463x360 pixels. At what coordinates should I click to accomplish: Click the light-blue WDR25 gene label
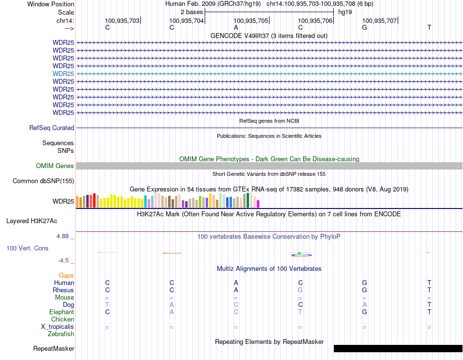pos(63,74)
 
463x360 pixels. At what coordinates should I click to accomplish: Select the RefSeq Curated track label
pos(52,128)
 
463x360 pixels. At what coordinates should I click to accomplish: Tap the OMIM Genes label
pos(55,166)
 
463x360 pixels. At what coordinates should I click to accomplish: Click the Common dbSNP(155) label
pos(43,181)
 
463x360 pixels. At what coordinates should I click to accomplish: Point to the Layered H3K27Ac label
pos(32,221)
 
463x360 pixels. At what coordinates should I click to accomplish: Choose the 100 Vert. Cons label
pos(27,248)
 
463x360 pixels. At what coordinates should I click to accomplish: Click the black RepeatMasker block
pos(398,348)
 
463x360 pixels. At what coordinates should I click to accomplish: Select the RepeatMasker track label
pos(54,349)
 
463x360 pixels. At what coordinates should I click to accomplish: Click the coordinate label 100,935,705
pos(251,20)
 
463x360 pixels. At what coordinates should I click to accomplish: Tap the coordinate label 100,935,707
pos(380,20)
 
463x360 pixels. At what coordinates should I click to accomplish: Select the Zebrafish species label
pos(61,334)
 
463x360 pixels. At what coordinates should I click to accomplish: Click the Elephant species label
pos(61,312)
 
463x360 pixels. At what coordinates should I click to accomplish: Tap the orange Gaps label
pos(66,276)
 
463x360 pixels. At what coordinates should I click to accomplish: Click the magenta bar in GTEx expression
pos(258,204)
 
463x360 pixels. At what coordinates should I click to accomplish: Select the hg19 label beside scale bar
pos(345,12)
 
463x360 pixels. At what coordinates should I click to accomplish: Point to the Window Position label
pos(51,4)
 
